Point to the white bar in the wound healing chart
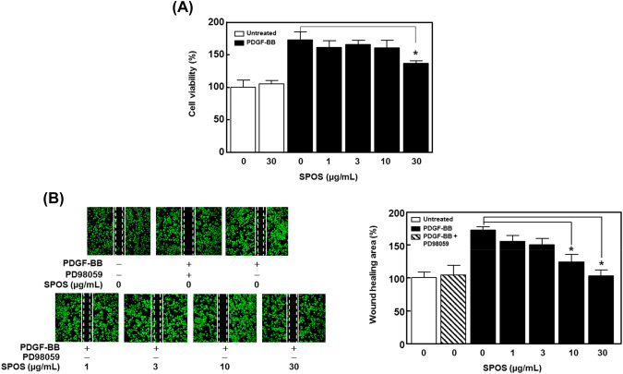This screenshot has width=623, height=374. (x=423, y=304)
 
